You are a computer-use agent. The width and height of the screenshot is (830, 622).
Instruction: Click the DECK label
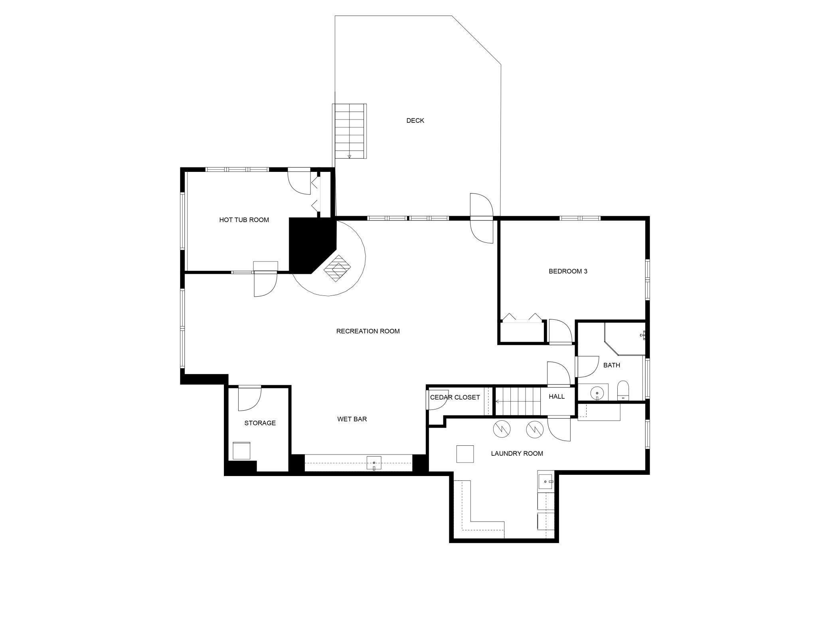pos(415,120)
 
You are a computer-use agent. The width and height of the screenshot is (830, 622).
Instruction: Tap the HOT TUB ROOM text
pos(244,220)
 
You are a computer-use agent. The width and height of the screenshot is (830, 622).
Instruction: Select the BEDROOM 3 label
pos(568,271)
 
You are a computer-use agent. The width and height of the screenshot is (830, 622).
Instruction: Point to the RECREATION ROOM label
pos(368,331)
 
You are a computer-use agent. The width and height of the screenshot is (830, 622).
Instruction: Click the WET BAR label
pos(352,419)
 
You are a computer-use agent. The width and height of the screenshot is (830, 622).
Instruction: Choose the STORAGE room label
pos(260,423)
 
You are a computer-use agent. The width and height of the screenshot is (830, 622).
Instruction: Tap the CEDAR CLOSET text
pos(455,397)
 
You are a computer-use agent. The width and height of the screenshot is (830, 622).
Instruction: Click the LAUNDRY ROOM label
pos(517,453)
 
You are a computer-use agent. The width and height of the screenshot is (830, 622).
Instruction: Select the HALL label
pos(556,396)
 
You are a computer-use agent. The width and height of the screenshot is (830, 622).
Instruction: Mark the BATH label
pos(611,365)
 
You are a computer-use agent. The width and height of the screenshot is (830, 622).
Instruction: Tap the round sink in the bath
pos(597,393)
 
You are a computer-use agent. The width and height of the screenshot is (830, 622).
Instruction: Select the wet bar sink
pos(374,463)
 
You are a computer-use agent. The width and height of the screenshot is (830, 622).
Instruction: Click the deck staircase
pos(350,131)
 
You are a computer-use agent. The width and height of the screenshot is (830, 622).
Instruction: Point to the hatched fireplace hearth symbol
pos(337,268)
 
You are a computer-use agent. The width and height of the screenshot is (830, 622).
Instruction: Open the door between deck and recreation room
pos(481,218)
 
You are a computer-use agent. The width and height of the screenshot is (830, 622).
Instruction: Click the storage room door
pos(249,398)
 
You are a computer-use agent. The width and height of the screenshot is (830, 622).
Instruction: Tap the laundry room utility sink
pos(545,482)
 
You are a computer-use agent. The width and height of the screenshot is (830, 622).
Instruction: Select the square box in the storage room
pos(241,451)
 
